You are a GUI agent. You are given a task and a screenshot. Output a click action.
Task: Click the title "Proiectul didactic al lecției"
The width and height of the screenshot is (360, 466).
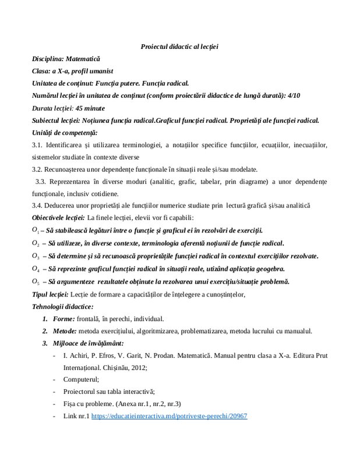point(179,47)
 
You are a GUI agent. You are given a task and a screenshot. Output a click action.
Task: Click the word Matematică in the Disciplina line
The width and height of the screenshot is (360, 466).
point(83,59)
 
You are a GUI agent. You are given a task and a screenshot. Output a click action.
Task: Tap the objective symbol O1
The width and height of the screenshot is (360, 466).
point(36,230)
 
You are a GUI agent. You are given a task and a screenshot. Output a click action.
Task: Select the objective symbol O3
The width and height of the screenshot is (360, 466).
point(36,256)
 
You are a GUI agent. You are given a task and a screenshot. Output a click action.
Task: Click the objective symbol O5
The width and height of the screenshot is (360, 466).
point(36,281)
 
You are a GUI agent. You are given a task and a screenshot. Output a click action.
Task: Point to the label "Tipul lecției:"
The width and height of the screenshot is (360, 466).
point(50,294)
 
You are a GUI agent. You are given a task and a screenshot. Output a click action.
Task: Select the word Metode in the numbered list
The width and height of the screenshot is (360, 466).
point(66,331)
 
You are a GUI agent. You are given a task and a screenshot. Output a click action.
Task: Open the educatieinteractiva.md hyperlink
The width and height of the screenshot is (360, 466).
point(170,417)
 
